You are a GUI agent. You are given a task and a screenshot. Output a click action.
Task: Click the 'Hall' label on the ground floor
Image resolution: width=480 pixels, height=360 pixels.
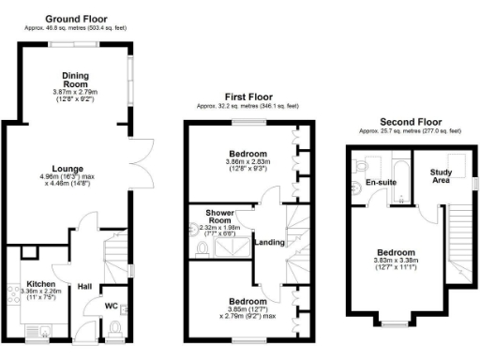click(84, 287)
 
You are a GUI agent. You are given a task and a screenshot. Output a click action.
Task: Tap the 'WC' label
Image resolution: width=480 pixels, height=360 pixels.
click(112, 306)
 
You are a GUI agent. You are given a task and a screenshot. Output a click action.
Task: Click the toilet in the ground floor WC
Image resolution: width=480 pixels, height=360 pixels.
click(114, 326)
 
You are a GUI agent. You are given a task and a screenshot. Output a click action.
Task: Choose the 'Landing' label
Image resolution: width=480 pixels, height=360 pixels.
click(269, 242)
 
